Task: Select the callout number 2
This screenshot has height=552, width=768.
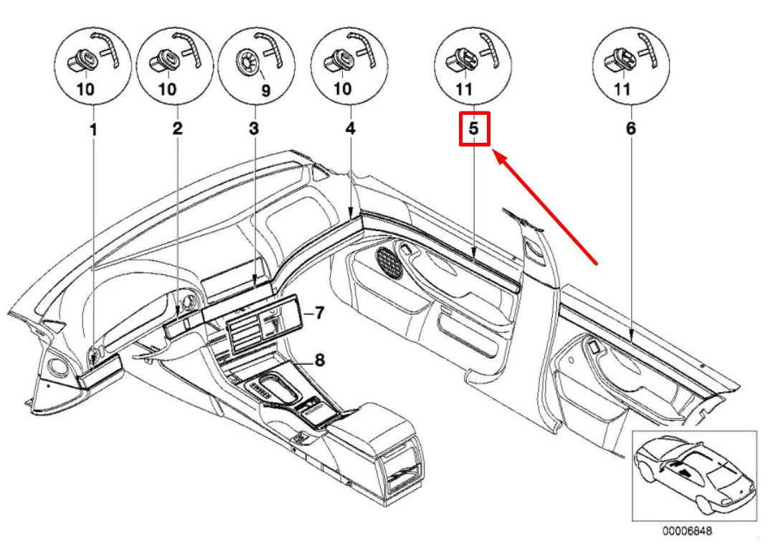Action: (176, 129)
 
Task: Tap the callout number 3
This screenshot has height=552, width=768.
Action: (253, 129)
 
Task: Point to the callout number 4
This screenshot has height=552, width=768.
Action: (349, 129)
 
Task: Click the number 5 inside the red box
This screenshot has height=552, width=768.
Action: (473, 129)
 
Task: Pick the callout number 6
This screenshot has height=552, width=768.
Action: (630, 129)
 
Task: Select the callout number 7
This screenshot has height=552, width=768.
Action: (319, 313)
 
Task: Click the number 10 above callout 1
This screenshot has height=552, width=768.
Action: (85, 90)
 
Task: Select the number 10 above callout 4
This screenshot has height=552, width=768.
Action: (343, 90)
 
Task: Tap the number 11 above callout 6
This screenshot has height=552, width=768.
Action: (622, 90)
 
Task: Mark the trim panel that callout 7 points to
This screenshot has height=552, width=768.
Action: (262, 327)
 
